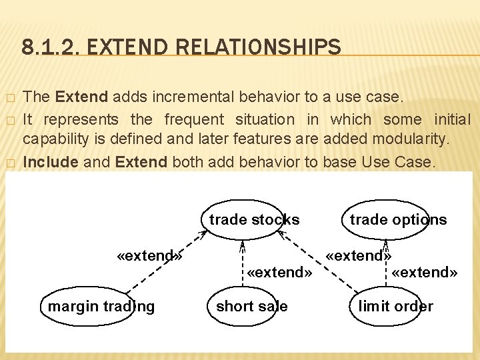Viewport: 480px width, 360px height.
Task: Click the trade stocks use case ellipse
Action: (x=254, y=219)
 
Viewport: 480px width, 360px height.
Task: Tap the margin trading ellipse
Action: (x=101, y=306)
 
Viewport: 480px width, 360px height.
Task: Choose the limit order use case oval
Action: (x=395, y=306)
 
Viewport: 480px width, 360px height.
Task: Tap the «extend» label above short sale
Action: (x=279, y=272)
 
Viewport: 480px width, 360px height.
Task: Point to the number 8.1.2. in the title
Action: (x=48, y=47)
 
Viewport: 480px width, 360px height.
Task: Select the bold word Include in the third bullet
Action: (x=50, y=162)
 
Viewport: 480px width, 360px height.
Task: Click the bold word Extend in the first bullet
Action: (x=82, y=97)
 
